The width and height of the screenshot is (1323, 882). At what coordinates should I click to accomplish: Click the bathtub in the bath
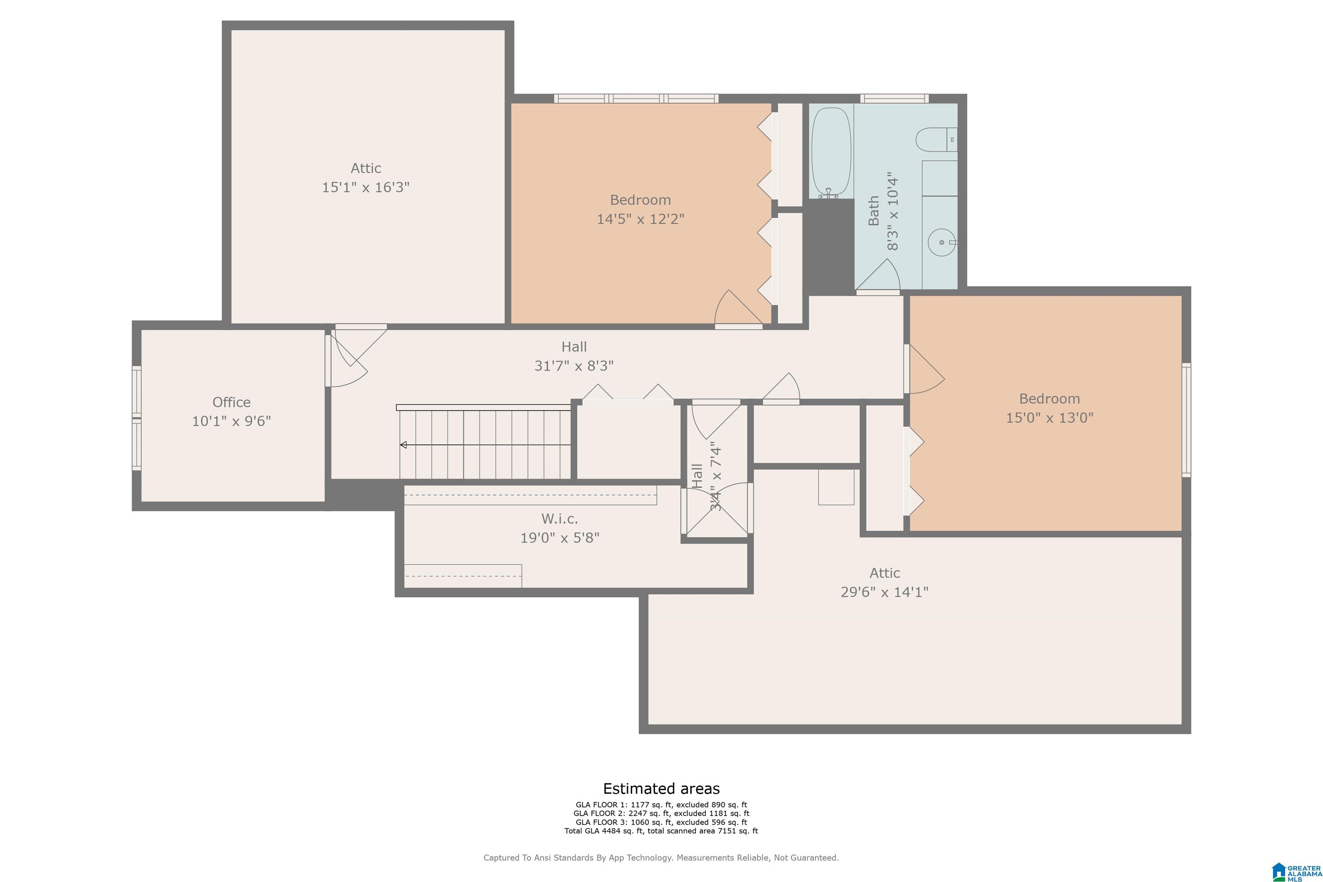pyautogui.click(x=831, y=152)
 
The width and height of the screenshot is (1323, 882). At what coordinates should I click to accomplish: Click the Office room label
pyautogui.click(x=231, y=402)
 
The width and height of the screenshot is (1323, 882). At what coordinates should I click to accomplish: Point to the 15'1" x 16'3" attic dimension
pyautogui.click(x=366, y=187)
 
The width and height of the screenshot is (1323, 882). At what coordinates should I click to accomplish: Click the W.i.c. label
pyautogui.click(x=560, y=519)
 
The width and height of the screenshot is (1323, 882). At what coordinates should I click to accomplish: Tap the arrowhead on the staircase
pyautogui.click(x=403, y=445)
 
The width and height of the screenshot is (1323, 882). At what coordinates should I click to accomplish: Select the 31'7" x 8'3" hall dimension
pyautogui.click(x=574, y=366)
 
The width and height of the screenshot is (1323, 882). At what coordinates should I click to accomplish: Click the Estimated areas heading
pyautogui.click(x=661, y=789)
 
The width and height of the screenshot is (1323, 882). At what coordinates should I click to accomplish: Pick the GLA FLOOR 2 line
pyautogui.click(x=661, y=814)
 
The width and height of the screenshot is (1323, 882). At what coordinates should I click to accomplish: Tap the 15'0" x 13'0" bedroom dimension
pyautogui.click(x=1050, y=417)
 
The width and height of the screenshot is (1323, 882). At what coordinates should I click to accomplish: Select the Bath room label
pyautogui.click(x=873, y=211)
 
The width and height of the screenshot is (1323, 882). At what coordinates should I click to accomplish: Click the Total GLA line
pyautogui.click(x=661, y=831)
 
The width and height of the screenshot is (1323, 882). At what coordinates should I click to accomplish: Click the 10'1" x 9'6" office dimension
pyautogui.click(x=231, y=421)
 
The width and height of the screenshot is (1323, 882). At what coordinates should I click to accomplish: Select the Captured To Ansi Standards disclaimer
pyautogui.click(x=661, y=858)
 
